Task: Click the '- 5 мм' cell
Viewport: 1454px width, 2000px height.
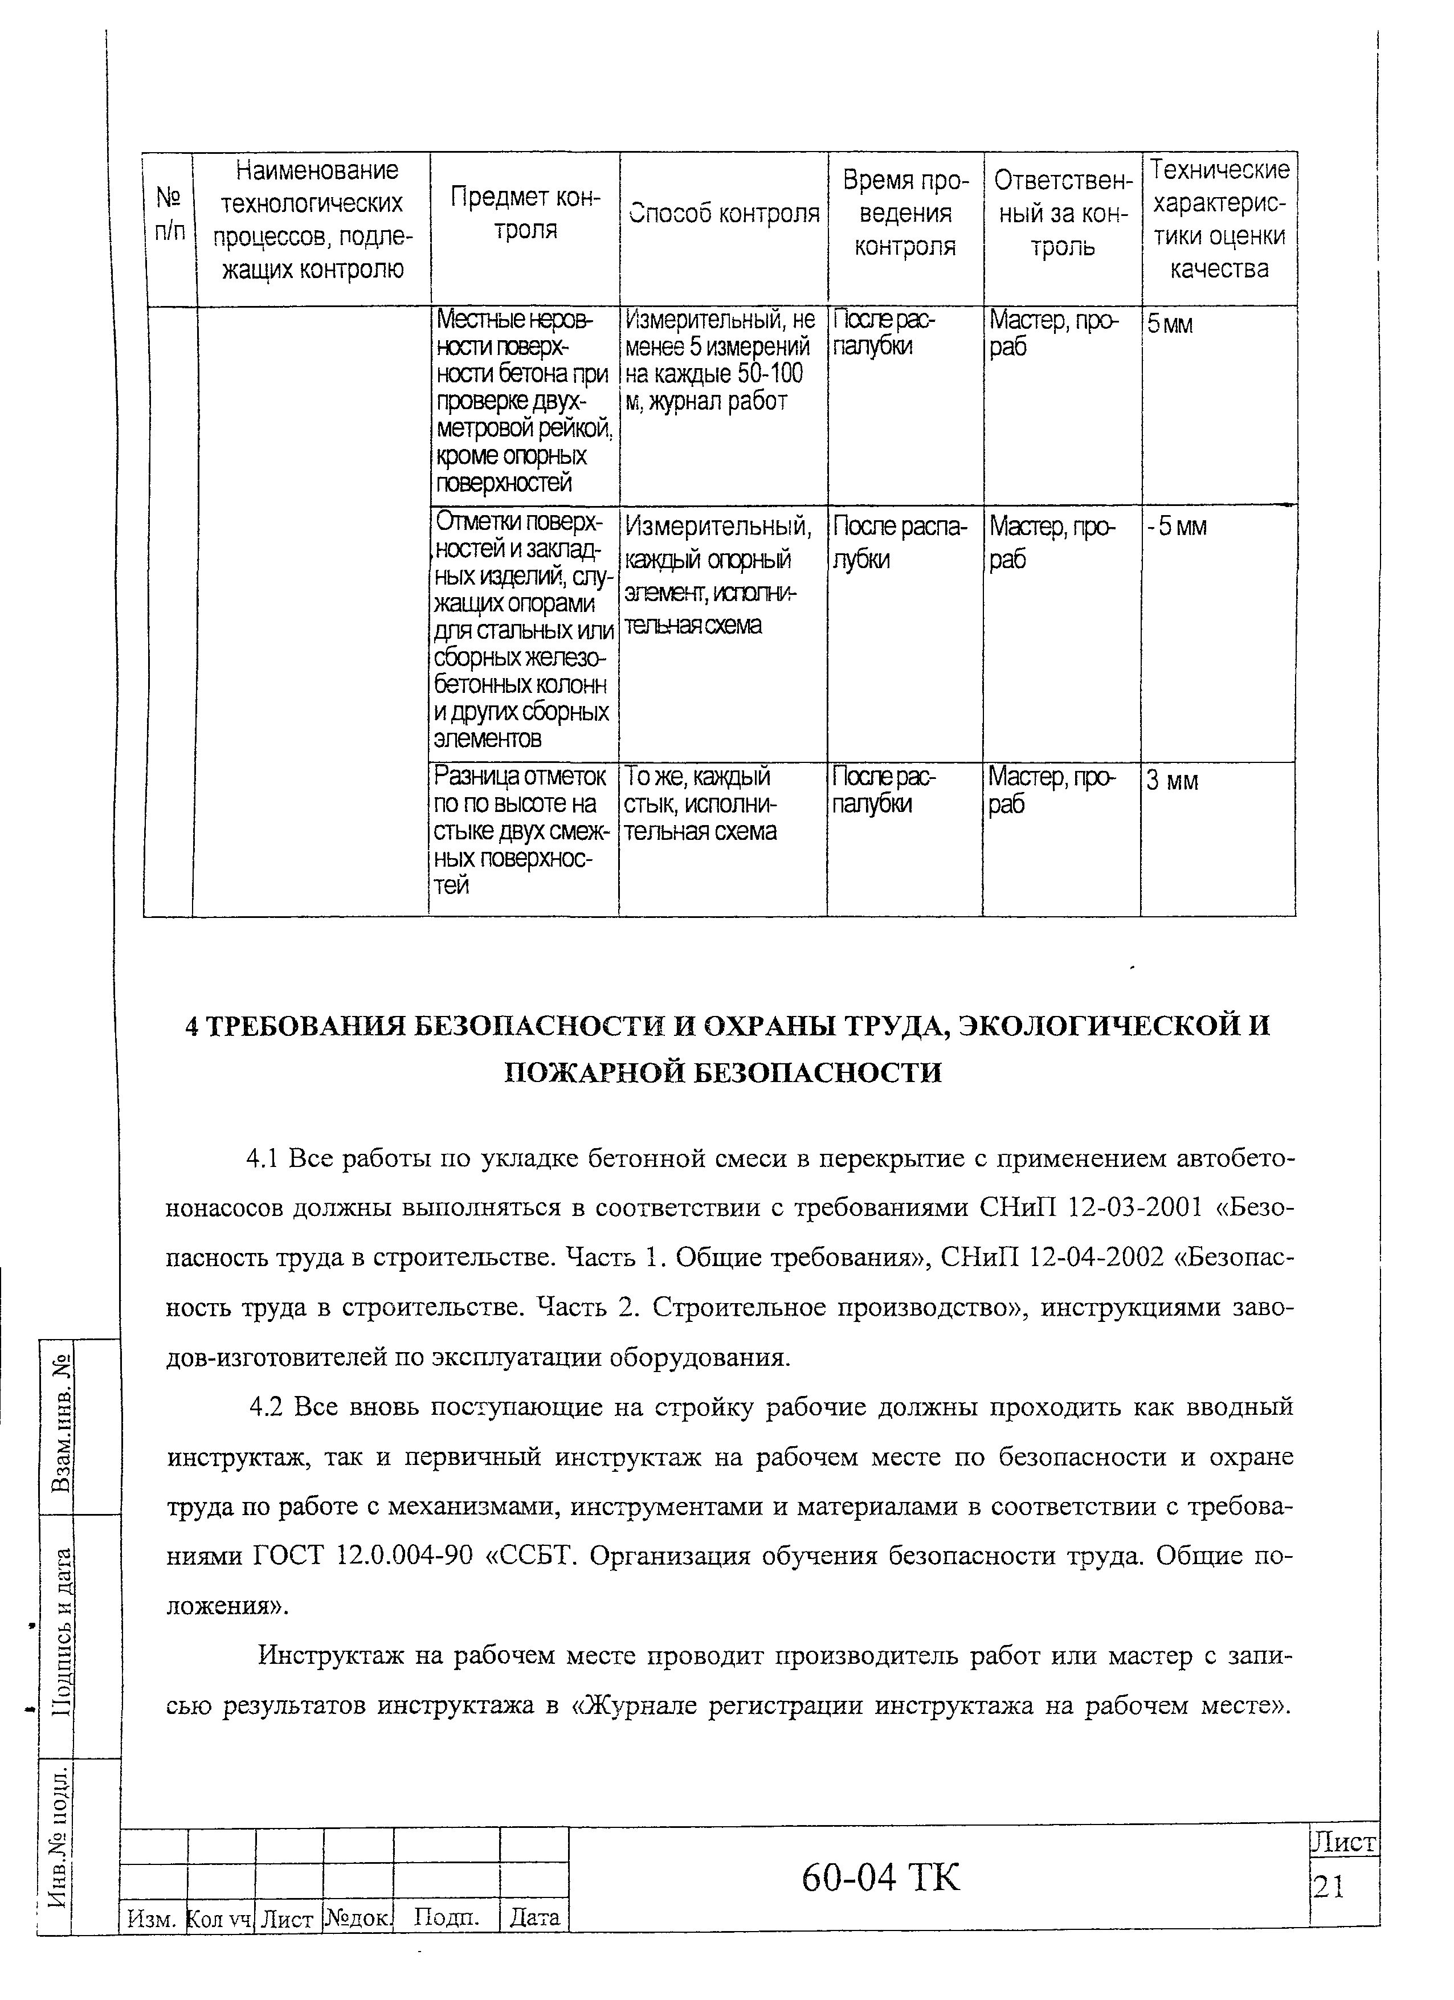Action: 1177,527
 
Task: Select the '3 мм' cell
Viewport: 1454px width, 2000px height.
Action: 1172,781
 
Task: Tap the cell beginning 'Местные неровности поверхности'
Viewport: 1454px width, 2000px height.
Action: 524,401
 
